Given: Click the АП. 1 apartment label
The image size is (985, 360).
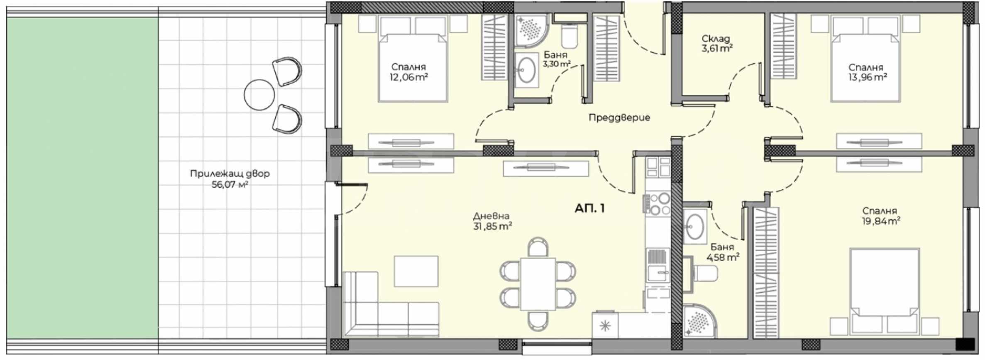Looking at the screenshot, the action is pyautogui.click(x=589, y=208).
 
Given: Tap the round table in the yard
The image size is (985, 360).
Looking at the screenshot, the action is pyautogui.click(x=259, y=95).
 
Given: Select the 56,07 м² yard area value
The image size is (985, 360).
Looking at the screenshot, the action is pyautogui.click(x=230, y=185).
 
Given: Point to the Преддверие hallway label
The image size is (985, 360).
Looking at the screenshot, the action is pyautogui.click(x=619, y=118).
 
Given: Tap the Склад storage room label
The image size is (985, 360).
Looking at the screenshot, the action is pyautogui.click(x=716, y=39).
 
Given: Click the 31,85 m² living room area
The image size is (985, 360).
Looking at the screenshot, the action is pyautogui.click(x=492, y=227).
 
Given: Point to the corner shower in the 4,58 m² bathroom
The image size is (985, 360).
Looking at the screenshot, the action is pyautogui.click(x=699, y=321).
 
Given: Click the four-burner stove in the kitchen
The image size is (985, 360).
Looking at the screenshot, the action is pyautogui.click(x=658, y=204).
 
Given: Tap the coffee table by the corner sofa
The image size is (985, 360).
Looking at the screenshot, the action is pyautogui.click(x=416, y=271).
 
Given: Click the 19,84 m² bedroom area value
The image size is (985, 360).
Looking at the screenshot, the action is pyautogui.click(x=881, y=221).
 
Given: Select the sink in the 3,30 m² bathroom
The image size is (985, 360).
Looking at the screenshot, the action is pyautogui.click(x=527, y=70).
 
